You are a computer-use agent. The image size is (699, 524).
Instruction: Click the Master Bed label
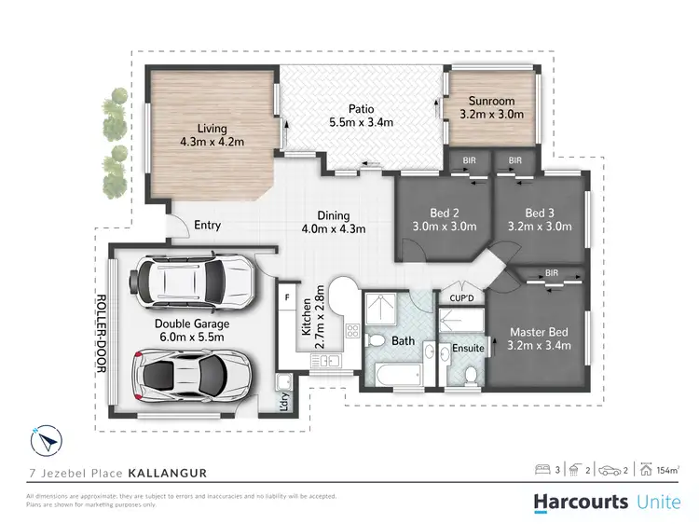tap(539, 332)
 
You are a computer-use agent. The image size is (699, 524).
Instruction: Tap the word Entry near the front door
tap(208, 226)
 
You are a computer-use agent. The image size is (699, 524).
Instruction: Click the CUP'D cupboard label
tap(461, 298)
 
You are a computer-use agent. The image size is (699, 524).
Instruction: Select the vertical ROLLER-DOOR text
tap(102, 334)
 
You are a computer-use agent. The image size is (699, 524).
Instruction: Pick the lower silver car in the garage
tap(194, 374)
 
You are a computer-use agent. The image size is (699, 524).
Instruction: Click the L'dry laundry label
tap(283, 404)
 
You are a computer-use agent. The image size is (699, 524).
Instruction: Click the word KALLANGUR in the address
tap(167, 474)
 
